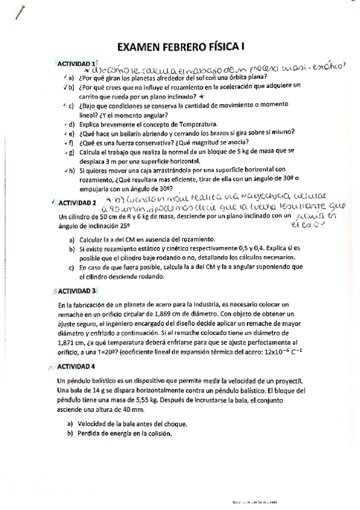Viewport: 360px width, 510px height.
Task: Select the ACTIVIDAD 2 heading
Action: pos(77,203)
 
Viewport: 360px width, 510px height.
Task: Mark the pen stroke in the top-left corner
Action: pos(22,12)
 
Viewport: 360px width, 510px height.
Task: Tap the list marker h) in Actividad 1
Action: pos(72,171)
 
